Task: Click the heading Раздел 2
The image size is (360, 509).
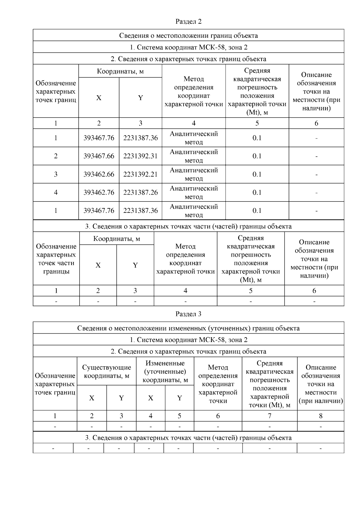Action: tap(188, 22)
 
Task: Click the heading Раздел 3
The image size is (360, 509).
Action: tap(188, 314)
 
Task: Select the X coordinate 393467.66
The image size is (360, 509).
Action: tap(99, 156)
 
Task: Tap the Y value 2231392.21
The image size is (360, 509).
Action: tap(140, 174)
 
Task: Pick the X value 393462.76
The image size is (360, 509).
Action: tap(99, 192)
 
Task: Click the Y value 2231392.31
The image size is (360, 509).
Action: tap(140, 156)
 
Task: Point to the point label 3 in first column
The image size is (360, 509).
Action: tap(56, 174)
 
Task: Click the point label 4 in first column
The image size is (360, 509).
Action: tap(56, 192)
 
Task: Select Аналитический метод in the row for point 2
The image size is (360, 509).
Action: tap(194, 156)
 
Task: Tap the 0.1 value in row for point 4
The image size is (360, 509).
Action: tap(257, 192)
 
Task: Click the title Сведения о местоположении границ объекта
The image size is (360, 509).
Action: tap(188, 36)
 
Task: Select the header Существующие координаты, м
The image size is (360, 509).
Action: tap(106, 371)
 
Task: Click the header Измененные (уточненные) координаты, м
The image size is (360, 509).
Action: tap(165, 372)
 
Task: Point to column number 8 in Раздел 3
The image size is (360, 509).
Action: tap(321, 416)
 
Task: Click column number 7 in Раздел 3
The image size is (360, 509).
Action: tap(269, 416)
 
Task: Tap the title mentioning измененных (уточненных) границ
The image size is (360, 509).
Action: tap(188, 328)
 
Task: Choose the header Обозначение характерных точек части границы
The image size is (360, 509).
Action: tap(56, 259)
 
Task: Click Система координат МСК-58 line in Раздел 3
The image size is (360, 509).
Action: tap(188, 340)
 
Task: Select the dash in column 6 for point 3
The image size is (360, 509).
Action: tap(316, 175)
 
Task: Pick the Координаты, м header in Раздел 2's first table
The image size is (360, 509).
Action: tap(120, 71)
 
